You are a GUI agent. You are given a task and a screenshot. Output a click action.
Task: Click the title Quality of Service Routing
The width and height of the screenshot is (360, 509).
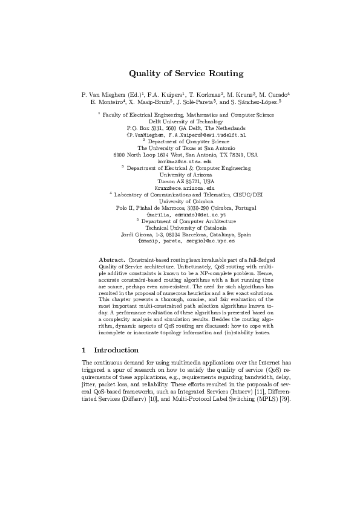[186, 74]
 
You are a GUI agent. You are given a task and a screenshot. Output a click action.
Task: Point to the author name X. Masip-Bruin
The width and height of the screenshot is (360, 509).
[151, 103]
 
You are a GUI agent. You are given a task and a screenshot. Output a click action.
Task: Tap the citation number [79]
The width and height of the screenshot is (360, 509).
[284, 401]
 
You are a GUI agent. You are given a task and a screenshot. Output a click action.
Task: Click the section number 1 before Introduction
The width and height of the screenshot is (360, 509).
[83, 349]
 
